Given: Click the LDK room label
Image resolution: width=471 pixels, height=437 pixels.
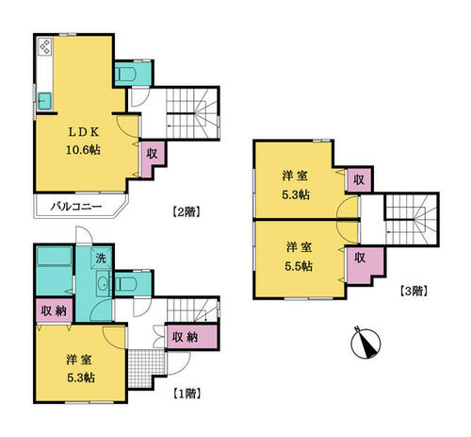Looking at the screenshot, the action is point(84,132).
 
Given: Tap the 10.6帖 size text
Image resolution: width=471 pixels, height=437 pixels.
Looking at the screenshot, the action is point(83,150).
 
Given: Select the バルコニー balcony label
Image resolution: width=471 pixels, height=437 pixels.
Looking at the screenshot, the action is point(76,207).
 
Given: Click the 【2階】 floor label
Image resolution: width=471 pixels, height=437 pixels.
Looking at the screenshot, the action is point(187,211).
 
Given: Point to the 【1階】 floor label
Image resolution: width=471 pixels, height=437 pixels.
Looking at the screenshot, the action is point(187,394).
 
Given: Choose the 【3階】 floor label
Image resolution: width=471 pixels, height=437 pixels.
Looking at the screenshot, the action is point(414,291).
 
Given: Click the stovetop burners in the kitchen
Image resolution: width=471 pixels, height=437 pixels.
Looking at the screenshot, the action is point(45,46).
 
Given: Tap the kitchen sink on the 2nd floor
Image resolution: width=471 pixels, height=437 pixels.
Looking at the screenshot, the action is point(45,101).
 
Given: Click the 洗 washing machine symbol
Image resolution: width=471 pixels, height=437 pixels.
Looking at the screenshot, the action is point(101,259).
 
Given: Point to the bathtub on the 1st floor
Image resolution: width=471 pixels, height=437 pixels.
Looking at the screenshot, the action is point(54,256).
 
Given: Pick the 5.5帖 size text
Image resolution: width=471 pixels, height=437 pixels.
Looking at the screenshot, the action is point(299,267).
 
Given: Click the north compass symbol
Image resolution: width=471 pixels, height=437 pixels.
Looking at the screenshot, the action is point(365,343).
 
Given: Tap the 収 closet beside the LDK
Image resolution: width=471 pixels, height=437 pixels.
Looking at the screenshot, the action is point(153,154).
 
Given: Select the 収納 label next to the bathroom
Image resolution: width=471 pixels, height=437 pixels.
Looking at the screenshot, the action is point(55,311).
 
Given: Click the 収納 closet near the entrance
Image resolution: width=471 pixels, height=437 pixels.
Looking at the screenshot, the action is point(192,337).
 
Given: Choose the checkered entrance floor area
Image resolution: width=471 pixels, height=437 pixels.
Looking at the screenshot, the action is point(147,369).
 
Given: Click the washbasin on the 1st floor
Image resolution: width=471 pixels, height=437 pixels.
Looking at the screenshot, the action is point(103,283).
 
